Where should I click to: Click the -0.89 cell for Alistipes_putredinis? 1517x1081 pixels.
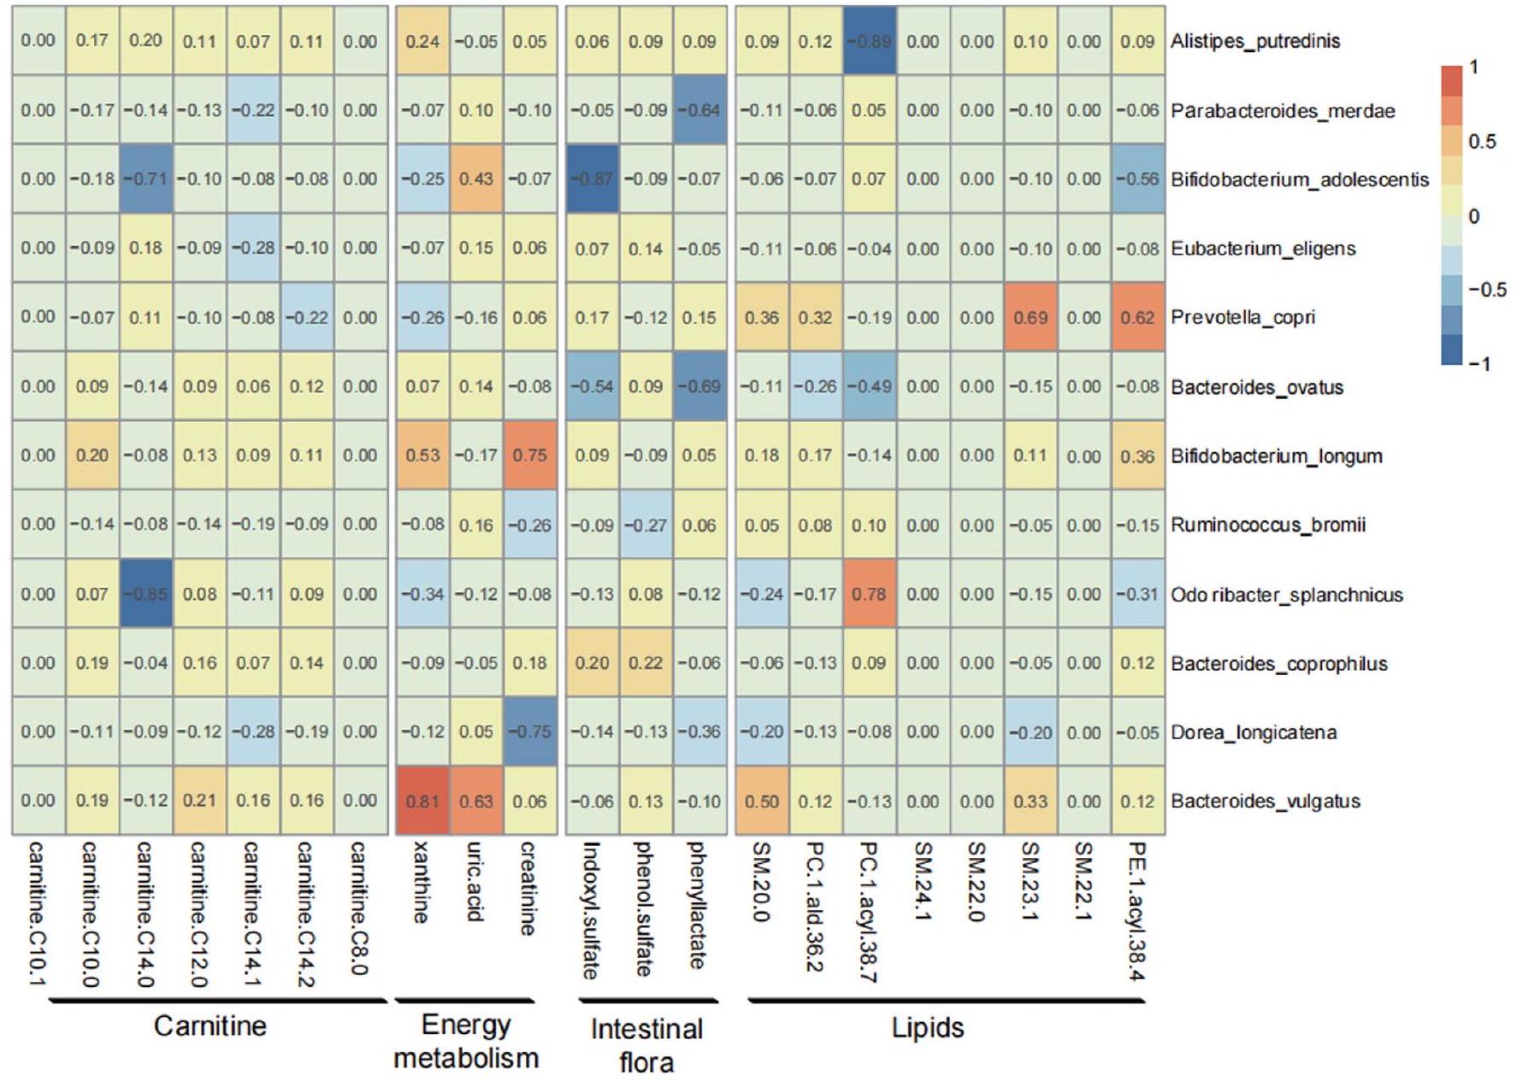[x=869, y=41]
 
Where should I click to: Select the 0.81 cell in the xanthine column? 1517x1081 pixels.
[x=422, y=801]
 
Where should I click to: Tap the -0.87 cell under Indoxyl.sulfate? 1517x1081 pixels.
[x=592, y=179]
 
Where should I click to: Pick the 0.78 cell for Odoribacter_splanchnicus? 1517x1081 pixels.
[x=869, y=594]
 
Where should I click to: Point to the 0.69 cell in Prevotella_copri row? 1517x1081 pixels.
[x=1030, y=317]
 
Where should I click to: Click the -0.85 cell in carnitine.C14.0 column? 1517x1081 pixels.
[x=145, y=594]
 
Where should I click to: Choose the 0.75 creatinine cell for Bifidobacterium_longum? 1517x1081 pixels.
[x=530, y=455]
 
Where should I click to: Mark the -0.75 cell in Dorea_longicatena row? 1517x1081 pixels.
[x=530, y=731]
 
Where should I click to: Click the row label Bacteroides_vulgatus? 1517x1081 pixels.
[x=1265, y=802]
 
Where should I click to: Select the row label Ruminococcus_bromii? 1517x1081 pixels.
[x=1267, y=525]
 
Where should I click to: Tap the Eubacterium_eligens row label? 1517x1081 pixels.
[x=1262, y=249]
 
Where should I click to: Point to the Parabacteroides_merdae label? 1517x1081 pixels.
[x=1282, y=111]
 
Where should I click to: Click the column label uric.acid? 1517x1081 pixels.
[x=476, y=882]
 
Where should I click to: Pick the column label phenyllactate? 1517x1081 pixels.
[x=699, y=905]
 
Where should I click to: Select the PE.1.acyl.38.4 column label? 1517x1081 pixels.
[x=1137, y=911]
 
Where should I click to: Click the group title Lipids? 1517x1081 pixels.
[x=928, y=1027]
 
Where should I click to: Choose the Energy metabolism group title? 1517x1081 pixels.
[x=466, y=1042]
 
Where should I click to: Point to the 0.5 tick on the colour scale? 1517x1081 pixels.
[x=1482, y=142]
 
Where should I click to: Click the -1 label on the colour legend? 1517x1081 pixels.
[x=1479, y=364]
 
